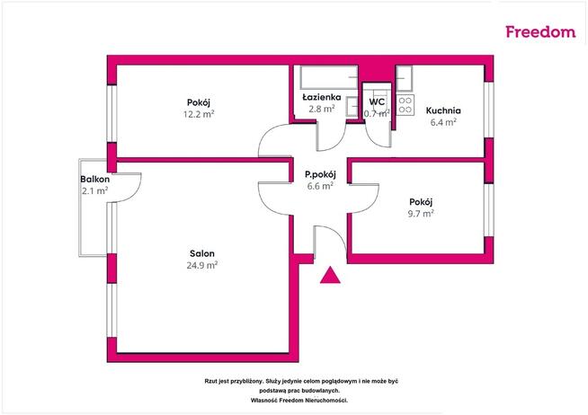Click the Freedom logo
540,31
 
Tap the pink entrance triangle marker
330,275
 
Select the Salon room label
202,253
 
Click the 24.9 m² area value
202,265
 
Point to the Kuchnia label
443,110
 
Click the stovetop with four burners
405,105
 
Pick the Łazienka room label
322,97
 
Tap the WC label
377,102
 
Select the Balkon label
95,179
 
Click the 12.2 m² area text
199,114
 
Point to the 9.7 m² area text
421,214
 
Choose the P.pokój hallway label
320,174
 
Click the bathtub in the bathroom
329,77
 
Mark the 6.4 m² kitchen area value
443,122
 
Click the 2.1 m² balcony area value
95,191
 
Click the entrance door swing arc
336,234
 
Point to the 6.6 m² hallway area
320,186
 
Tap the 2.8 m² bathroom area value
322,109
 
